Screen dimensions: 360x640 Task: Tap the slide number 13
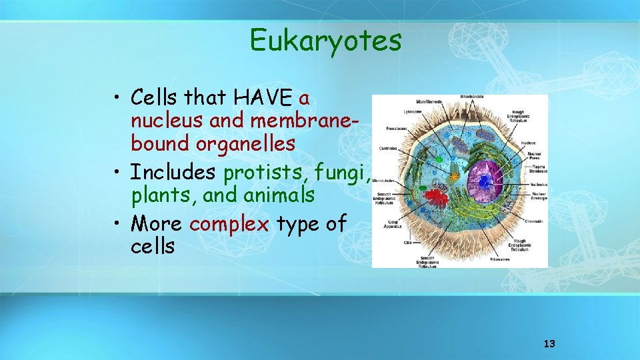point(549,344)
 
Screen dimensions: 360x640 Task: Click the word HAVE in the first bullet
point(263,98)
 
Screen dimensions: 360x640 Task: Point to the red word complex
point(229,223)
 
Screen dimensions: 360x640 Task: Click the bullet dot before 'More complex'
point(117,223)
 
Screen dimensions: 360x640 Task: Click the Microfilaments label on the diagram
point(429,101)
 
